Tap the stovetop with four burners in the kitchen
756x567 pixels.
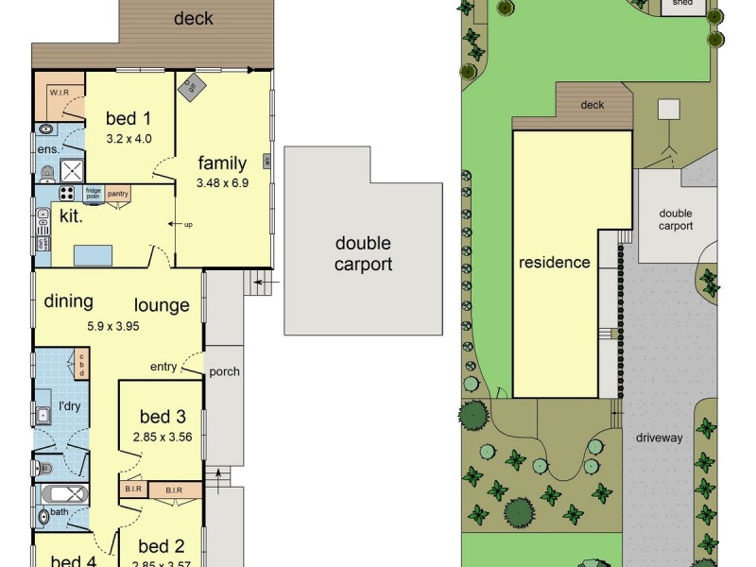(67, 193)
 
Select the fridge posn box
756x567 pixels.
(93, 193)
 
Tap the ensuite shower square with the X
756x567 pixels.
(73, 170)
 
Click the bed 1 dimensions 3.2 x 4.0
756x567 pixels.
(129, 139)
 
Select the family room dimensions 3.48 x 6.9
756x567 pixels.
(222, 183)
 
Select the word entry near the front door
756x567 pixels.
(163, 367)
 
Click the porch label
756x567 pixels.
(224, 371)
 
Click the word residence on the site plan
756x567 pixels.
(555, 263)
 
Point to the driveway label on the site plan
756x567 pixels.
(659, 438)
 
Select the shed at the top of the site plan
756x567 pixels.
(682, 5)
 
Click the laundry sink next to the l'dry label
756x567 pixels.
(43, 414)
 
